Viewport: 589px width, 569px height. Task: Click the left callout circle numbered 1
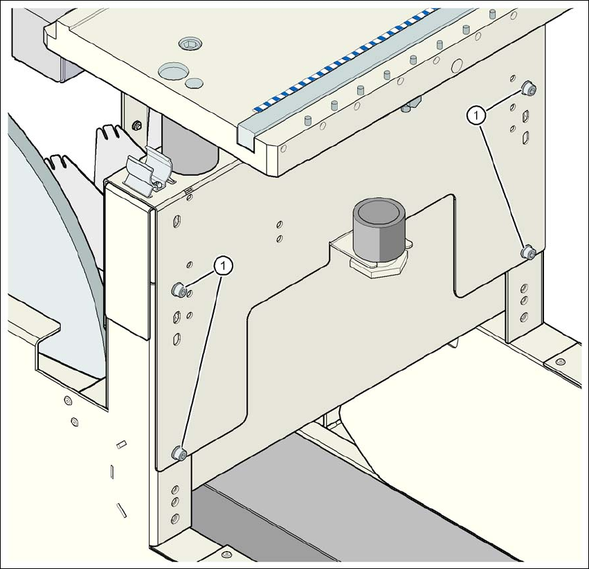222,264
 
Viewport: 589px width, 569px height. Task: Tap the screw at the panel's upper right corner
528,88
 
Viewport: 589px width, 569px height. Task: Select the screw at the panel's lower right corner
529,251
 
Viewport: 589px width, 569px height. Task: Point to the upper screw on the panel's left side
178,290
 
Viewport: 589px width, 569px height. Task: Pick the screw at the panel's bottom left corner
179,453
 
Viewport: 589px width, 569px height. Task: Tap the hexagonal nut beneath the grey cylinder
377,267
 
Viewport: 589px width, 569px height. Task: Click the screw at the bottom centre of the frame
226,554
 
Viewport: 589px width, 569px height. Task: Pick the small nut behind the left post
137,126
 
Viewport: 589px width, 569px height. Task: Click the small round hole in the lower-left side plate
67,401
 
